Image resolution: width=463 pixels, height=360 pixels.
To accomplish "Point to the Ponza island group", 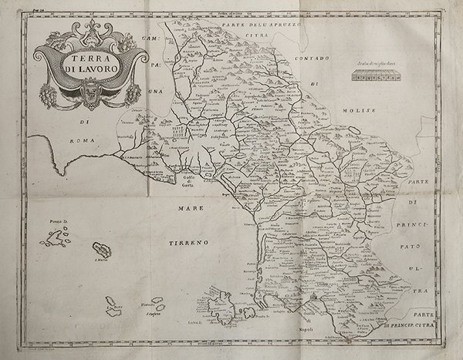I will pyautogui.click(x=53, y=239).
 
